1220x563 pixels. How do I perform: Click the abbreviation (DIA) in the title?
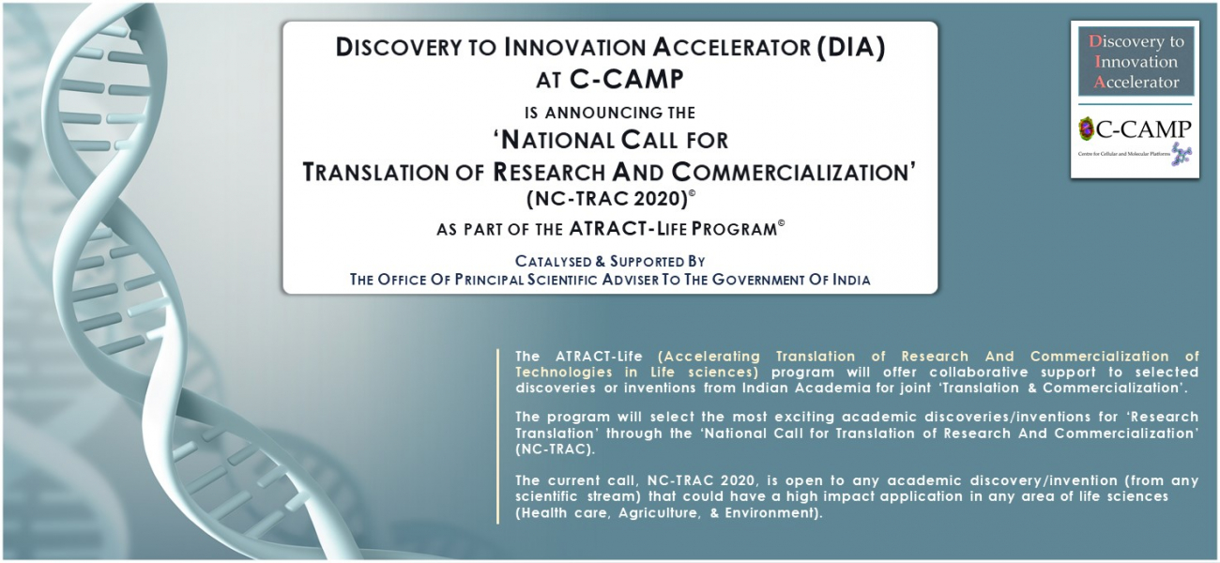(x=850, y=47)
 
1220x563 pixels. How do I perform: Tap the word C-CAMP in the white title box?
(x=626, y=80)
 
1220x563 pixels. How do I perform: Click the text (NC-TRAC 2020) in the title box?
(x=608, y=199)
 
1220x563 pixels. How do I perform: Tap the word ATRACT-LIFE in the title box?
(x=628, y=229)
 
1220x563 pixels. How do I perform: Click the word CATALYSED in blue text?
(x=554, y=262)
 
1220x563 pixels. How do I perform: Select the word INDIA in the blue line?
(x=851, y=280)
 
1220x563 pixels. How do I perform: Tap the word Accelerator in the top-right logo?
(x=1136, y=83)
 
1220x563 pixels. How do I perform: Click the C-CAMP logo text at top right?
(x=1144, y=129)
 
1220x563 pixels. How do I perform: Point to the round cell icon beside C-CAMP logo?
(x=1087, y=129)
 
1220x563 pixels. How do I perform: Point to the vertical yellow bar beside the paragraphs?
(x=497, y=436)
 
